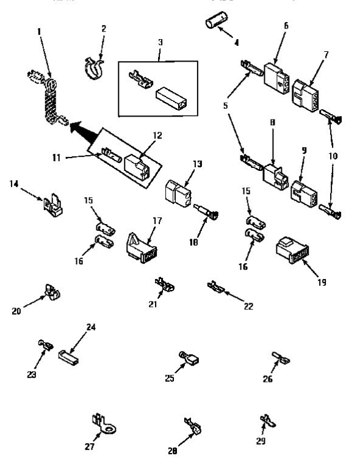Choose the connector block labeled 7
tap(307, 95)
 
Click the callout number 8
tap(273, 123)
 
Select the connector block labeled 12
tap(138, 164)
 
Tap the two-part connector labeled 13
tap(178, 195)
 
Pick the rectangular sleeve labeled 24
tap(69, 354)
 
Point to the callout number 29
tap(261, 441)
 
